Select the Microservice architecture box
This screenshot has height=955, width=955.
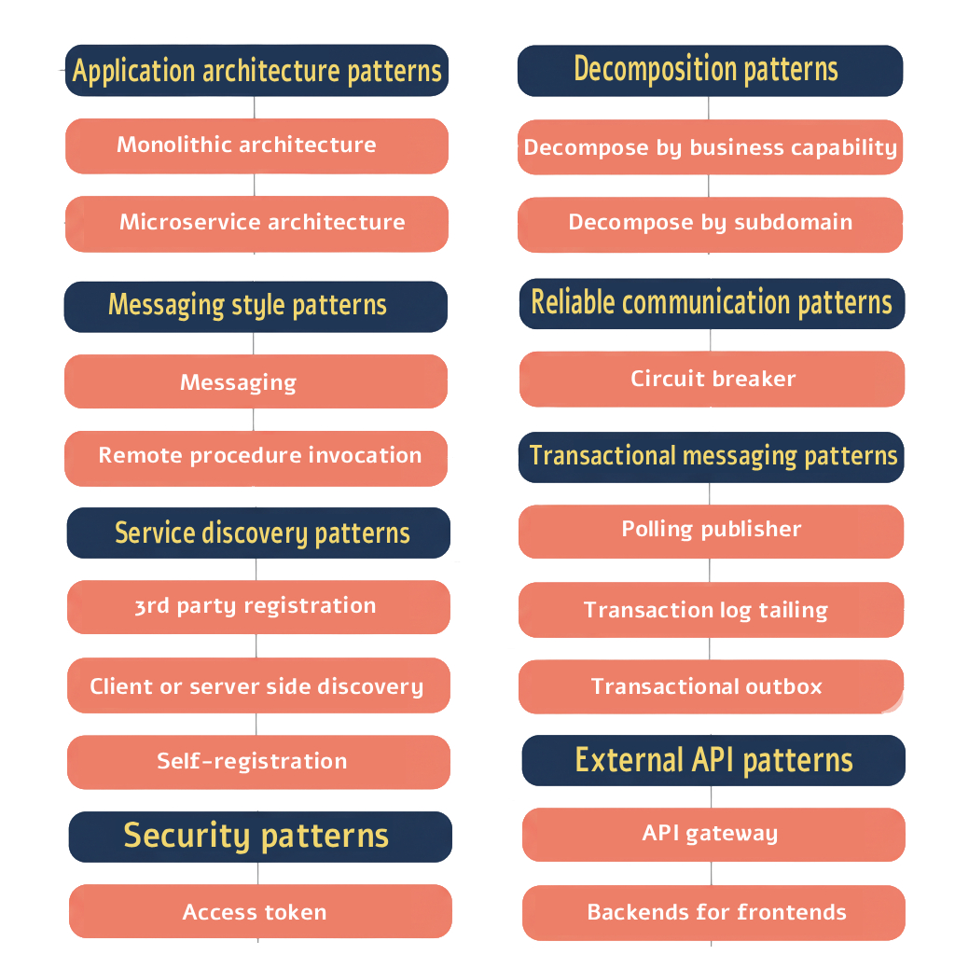[256, 223]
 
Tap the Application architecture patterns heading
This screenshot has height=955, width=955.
[256, 71]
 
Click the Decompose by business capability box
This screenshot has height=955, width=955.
[710, 147]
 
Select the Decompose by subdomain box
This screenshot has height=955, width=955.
[710, 224]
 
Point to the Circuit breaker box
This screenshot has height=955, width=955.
[712, 379]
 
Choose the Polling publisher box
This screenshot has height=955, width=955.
[711, 531]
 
